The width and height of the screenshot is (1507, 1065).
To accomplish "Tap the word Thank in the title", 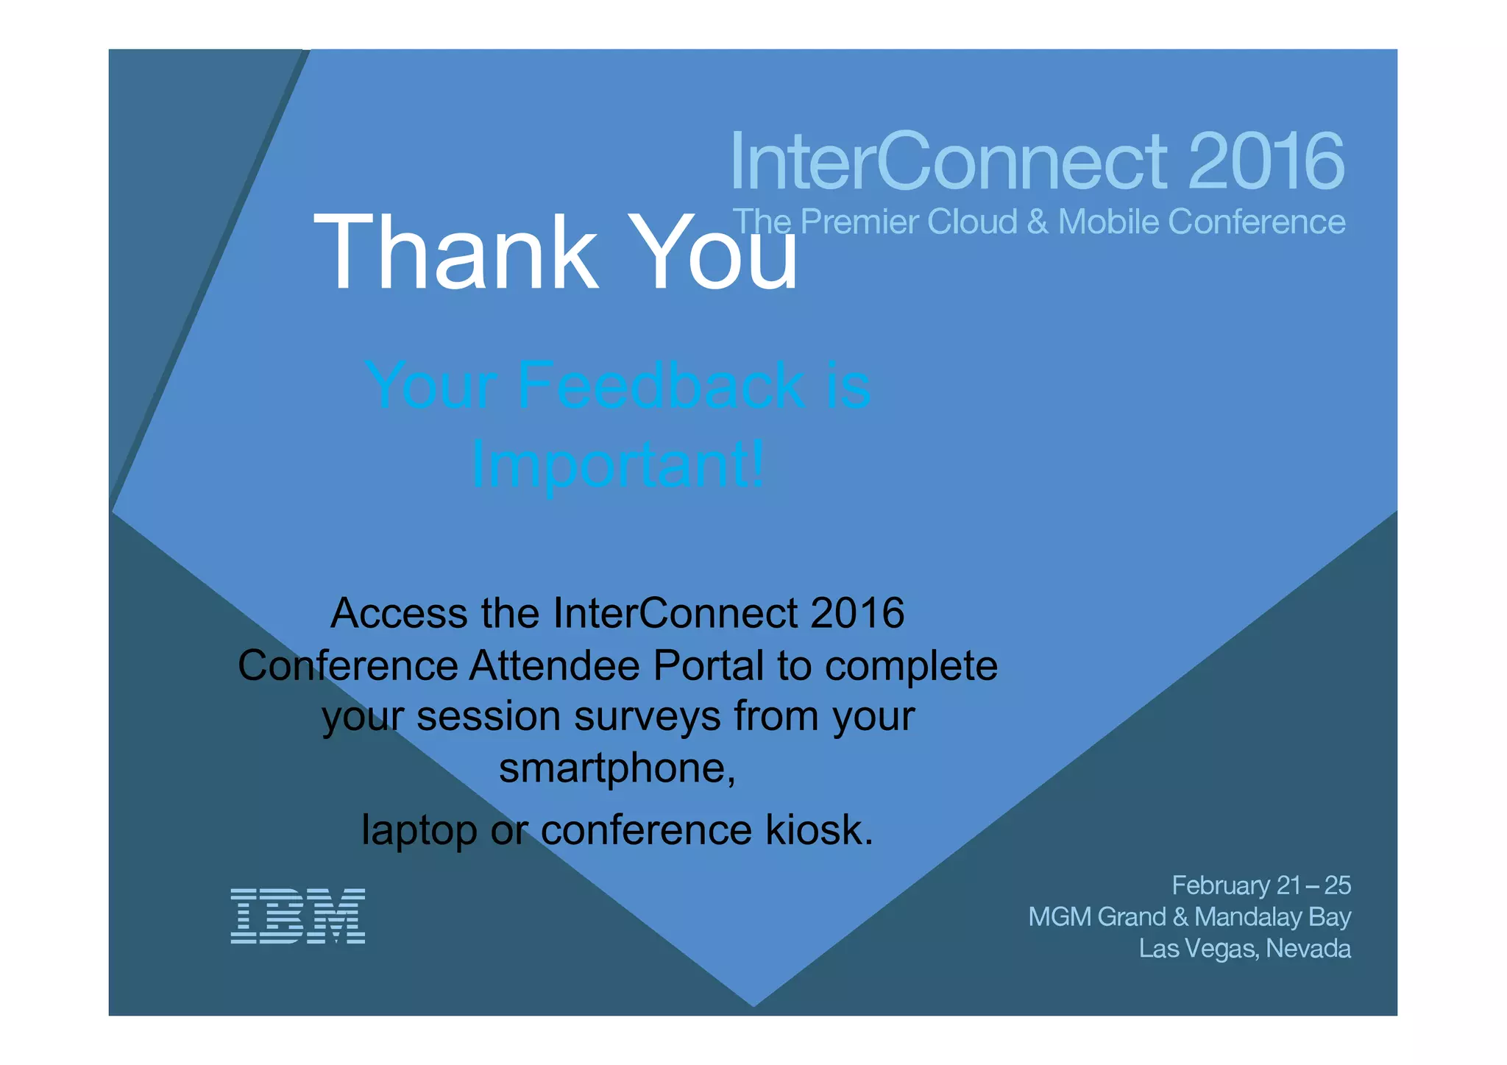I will (455, 252).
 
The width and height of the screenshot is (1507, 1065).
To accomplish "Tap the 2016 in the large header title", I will (1266, 161).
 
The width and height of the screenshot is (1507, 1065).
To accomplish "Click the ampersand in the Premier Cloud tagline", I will (1038, 222).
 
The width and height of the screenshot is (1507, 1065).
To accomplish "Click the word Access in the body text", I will (399, 613).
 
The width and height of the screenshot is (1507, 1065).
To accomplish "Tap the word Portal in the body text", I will (708, 666).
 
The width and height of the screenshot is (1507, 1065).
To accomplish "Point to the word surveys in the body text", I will (647, 716).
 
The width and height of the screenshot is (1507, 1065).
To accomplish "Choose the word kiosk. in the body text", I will (819, 830).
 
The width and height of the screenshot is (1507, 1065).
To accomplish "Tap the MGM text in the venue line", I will (1060, 917).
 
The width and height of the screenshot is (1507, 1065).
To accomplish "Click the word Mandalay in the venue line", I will (1248, 917).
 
